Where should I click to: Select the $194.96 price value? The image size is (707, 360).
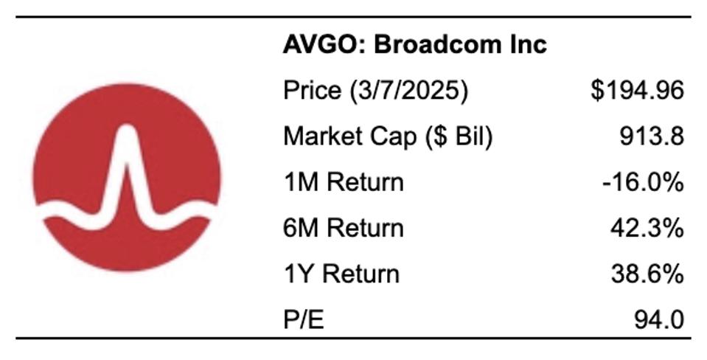pyautogui.click(x=637, y=91)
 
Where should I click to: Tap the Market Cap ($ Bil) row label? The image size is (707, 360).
pyautogui.click(x=387, y=136)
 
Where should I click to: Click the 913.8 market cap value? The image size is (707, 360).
pyautogui.click(x=652, y=136)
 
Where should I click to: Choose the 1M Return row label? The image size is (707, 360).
pyautogui.click(x=344, y=182)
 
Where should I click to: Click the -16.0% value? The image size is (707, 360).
pyautogui.click(x=642, y=182)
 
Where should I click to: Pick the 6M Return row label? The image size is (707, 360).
pyautogui.click(x=344, y=228)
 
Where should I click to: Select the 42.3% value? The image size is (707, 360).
pyautogui.click(x=647, y=228)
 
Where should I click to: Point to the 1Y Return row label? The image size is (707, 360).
pyautogui.click(x=341, y=274)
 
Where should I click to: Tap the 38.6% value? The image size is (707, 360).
pyautogui.click(x=647, y=274)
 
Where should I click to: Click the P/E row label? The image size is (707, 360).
pyautogui.click(x=304, y=319)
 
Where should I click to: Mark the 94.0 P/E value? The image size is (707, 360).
pyautogui.click(x=658, y=319)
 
